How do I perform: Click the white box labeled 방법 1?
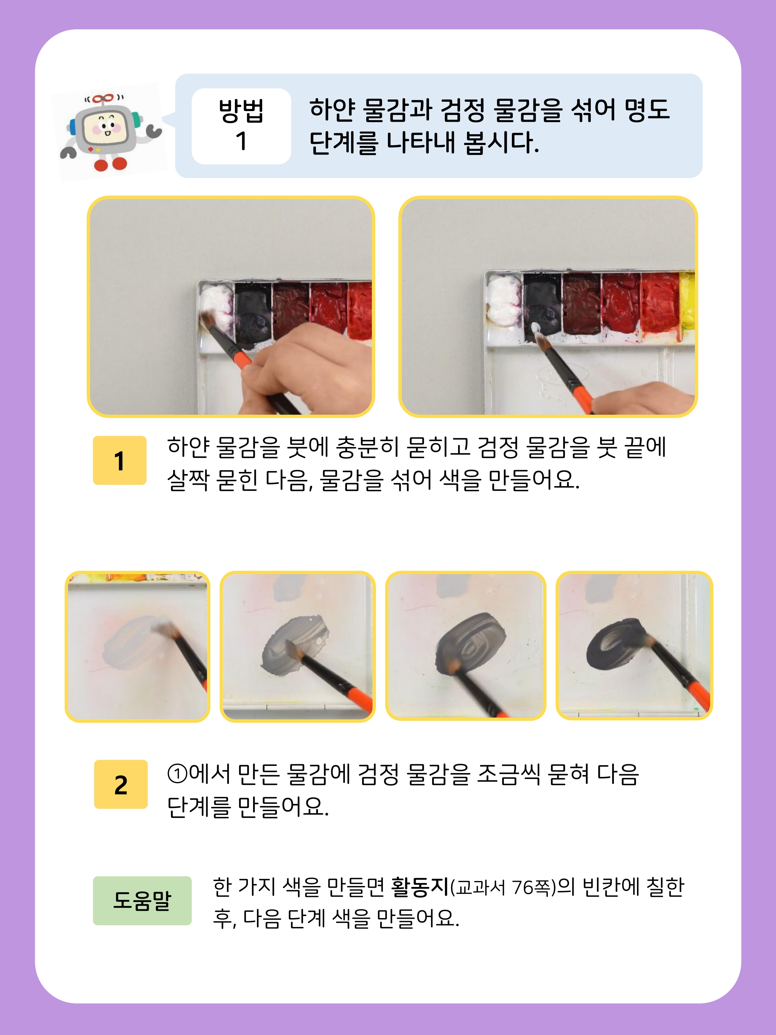[241, 126]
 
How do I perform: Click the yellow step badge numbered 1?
[120, 461]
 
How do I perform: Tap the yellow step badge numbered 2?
[121, 784]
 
